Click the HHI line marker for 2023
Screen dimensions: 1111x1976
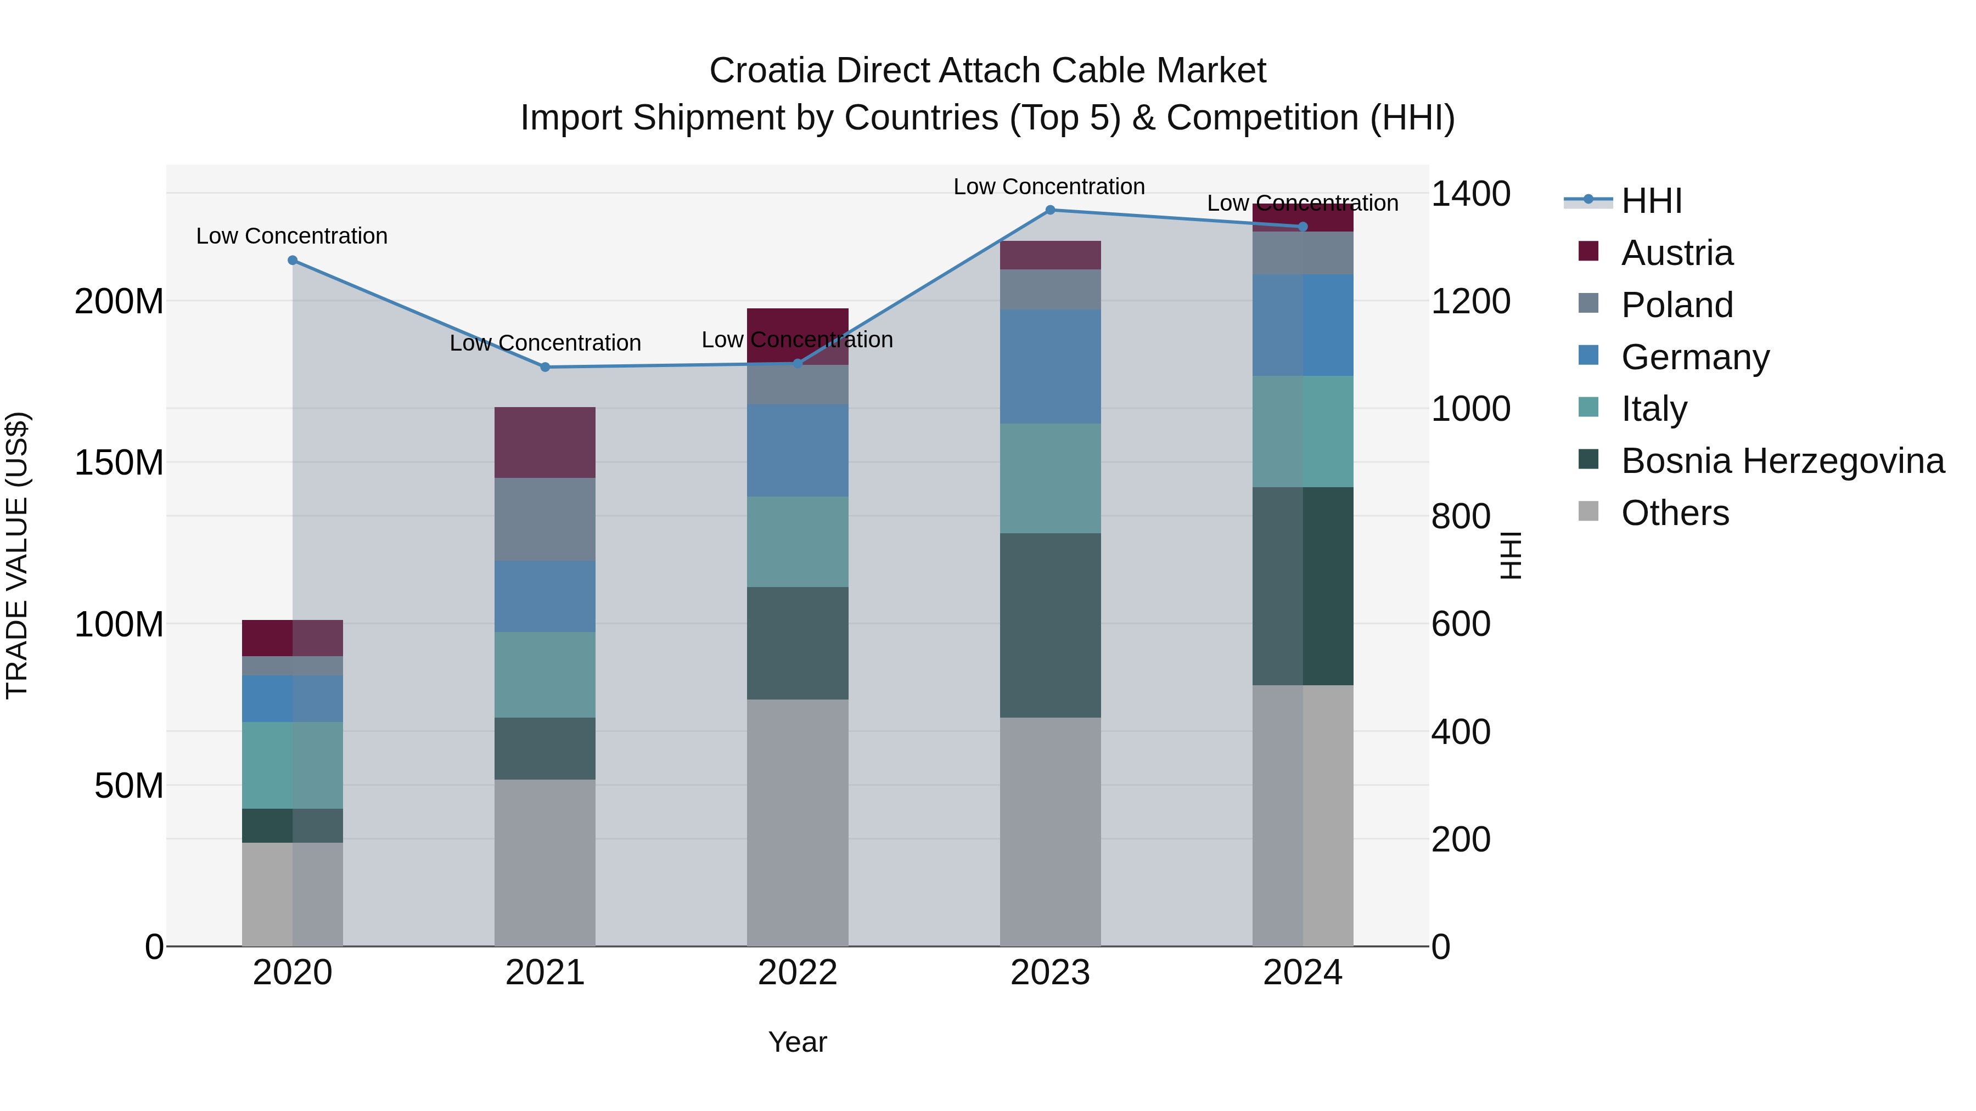(x=1050, y=210)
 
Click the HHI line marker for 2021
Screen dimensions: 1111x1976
(x=544, y=367)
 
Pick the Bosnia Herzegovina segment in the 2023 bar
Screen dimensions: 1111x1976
(x=1050, y=625)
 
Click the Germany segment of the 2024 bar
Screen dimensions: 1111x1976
(x=1303, y=325)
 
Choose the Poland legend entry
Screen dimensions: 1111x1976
(x=1676, y=305)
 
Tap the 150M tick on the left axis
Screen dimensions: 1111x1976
(x=119, y=463)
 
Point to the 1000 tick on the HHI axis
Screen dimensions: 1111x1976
(x=1470, y=409)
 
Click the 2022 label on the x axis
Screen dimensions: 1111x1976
(x=797, y=973)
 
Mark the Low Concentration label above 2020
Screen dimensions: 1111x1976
(x=291, y=236)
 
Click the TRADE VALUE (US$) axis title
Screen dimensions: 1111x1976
(x=18, y=555)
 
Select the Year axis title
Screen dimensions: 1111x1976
(x=797, y=1042)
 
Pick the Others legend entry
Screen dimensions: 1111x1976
(x=1675, y=513)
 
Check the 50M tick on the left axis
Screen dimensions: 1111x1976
(x=129, y=786)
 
